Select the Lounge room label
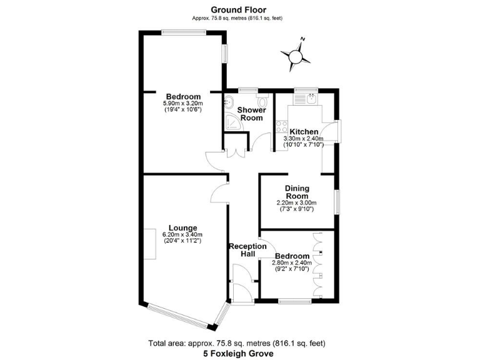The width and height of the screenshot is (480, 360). pyautogui.click(x=182, y=227)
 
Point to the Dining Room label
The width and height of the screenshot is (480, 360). pyautogui.click(x=297, y=192)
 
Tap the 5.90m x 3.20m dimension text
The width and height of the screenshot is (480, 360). pyautogui.click(x=182, y=103)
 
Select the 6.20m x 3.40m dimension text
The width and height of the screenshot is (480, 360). pyautogui.click(x=182, y=235)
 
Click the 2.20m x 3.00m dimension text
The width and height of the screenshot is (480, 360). pyautogui.click(x=296, y=203)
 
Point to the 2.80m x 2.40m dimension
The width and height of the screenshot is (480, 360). pyautogui.click(x=291, y=263)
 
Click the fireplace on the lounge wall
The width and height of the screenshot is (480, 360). pyautogui.click(x=151, y=244)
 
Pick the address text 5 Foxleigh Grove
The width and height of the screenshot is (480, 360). pyautogui.click(x=237, y=353)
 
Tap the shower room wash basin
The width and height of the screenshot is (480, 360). pyautogui.click(x=229, y=102)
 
